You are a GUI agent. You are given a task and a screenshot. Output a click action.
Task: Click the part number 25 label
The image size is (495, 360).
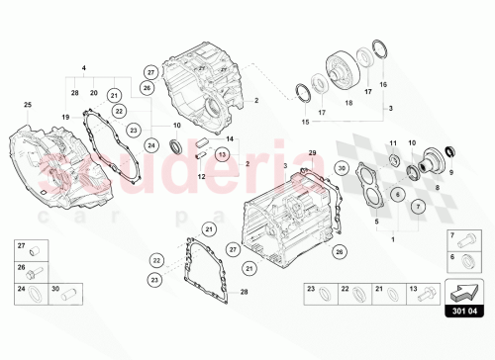tap(28, 105)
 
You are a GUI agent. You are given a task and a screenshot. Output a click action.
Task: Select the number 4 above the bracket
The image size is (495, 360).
tap(84, 68)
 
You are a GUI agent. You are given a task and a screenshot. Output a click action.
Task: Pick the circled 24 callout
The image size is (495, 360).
tap(151, 145)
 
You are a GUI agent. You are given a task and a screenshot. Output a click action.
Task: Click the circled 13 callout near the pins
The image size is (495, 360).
tap(222, 154)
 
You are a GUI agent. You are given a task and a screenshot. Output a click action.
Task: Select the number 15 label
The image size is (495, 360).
tap(304, 122)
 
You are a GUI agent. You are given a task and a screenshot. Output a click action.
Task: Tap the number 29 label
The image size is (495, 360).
tap(312, 152)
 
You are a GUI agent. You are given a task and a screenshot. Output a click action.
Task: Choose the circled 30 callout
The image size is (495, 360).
tap(341, 169)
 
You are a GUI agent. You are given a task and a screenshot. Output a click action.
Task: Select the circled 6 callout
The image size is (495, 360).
tap(397, 195)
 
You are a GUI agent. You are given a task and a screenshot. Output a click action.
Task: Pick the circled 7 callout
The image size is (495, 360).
tap(418, 206)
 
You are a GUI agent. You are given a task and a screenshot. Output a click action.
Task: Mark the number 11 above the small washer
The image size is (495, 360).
tap(392, 143)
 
